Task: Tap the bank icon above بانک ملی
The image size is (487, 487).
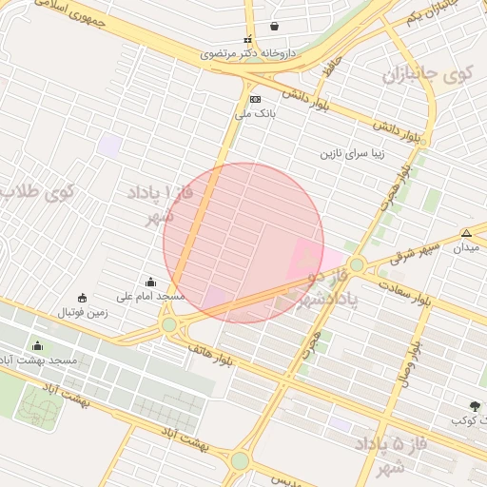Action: click(x=254, y=100)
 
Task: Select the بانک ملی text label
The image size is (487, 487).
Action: click(x=255, y=113)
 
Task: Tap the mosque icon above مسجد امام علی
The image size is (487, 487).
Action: click(x=150, y=282)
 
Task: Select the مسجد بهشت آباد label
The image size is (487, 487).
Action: click(x=38, y=360)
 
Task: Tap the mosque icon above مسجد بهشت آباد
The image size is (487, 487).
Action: click(x=38, y=345)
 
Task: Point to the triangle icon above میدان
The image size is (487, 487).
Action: click(x=466, y=233)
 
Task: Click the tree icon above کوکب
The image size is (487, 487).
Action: click(x=475, y=406)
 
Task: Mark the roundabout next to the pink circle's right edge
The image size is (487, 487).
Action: click(x=357, y=264)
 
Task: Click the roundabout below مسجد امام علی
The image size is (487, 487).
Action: click(x=169, y=325)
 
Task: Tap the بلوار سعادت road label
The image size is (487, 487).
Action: click(x=405, y=293)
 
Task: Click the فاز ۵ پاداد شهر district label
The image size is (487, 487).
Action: click(x=391, y=454)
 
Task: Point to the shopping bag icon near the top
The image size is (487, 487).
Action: click(x=275, y=26)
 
